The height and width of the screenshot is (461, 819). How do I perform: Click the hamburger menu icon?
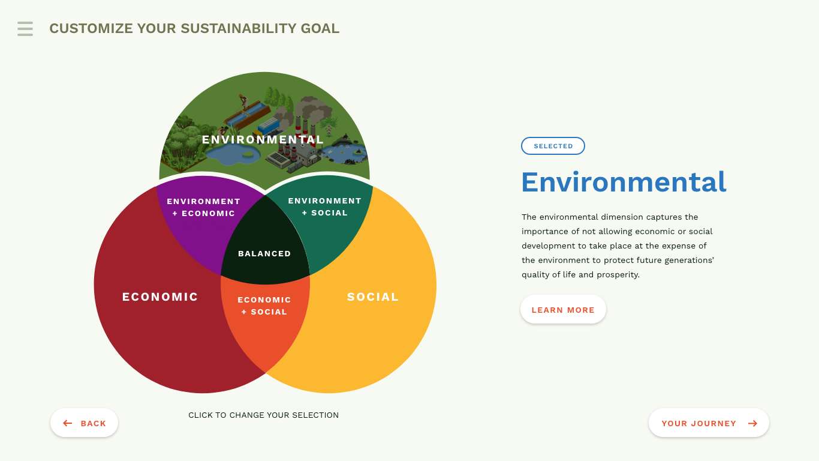(25, 29)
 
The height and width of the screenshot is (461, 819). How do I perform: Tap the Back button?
(84, 423)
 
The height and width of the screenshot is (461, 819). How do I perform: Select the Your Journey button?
(709, 423)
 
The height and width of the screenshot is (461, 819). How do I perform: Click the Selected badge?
(553, 146)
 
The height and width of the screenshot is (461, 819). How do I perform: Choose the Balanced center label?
(264, 253)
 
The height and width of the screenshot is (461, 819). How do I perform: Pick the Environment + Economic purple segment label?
(204, 207)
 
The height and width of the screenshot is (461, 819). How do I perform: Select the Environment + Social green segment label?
(325, 207)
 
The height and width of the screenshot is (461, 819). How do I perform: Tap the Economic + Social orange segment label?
(264, 306)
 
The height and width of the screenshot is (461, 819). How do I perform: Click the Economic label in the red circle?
(160, 297)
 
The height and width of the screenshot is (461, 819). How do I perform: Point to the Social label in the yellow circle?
(372, 297)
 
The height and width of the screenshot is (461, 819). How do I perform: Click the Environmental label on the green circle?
(263, 139)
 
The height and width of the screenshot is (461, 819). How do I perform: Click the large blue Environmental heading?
(624, 182)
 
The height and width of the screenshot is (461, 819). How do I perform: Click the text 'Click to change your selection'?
(263, 415)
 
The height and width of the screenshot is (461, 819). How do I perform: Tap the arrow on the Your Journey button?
(752, 423)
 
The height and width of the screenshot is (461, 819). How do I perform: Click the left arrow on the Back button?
(67, 423)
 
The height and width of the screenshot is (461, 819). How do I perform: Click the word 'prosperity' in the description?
(618, 275)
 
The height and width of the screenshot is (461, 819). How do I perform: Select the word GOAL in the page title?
(320, 29)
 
